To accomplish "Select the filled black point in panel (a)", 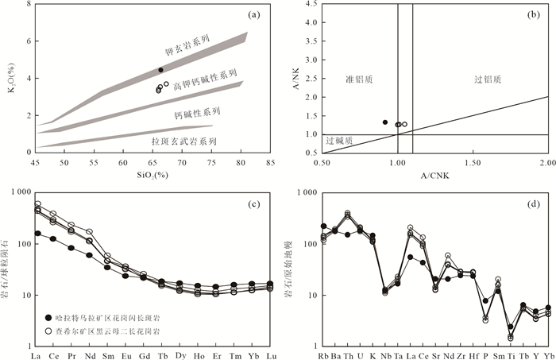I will click(161, 70).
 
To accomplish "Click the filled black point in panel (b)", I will click(385, 122).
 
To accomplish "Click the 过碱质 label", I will click(339, 141).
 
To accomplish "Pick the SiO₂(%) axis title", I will click(152, 175).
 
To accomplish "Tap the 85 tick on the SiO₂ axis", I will click(271, 163).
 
